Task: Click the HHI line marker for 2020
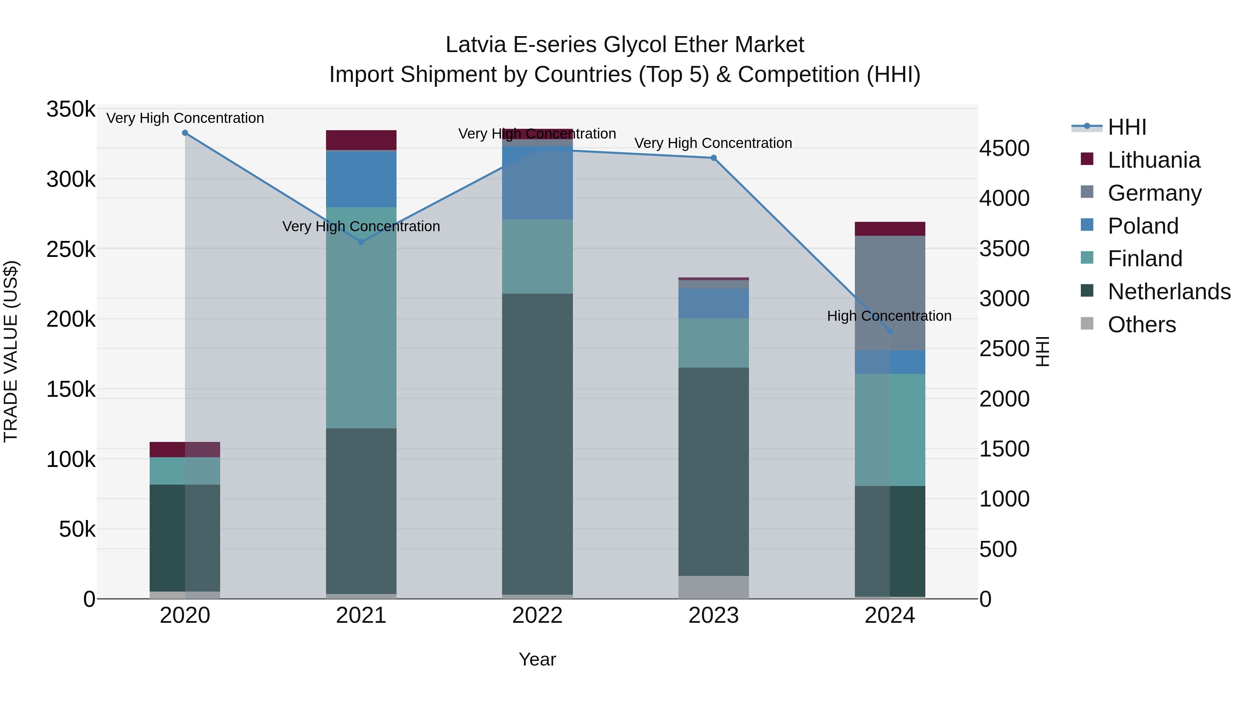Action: click(185, 133)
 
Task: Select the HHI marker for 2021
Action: click(361, 242)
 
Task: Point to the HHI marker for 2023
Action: click(713, 158)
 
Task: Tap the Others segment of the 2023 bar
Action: click(713, 587)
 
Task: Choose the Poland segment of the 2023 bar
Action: click(713, 303)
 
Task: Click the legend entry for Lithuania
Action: click(1154, 160)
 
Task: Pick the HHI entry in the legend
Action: click(1127, 127)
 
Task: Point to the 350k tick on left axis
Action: click(71, 109)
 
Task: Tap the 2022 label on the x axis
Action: click(537, 616)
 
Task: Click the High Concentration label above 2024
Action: click(889, 316)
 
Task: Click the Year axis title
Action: click(537, 659)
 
